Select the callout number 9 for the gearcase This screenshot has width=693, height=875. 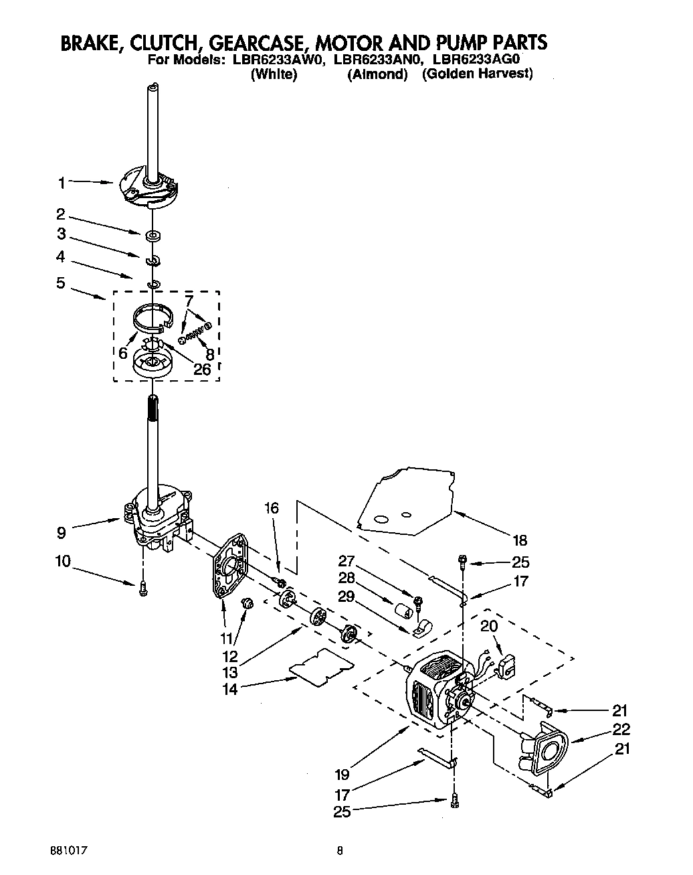(x=61, y=534)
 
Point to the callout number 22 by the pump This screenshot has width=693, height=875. (x=621, y=729)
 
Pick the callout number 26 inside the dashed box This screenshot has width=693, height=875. (x=201, y=369)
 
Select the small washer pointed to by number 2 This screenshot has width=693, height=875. (x=153, y=235)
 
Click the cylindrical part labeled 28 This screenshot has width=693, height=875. (x=402, y=613)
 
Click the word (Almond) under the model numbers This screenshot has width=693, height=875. (x=377, y=75)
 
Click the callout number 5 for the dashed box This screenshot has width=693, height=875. (x=61, y=283)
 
